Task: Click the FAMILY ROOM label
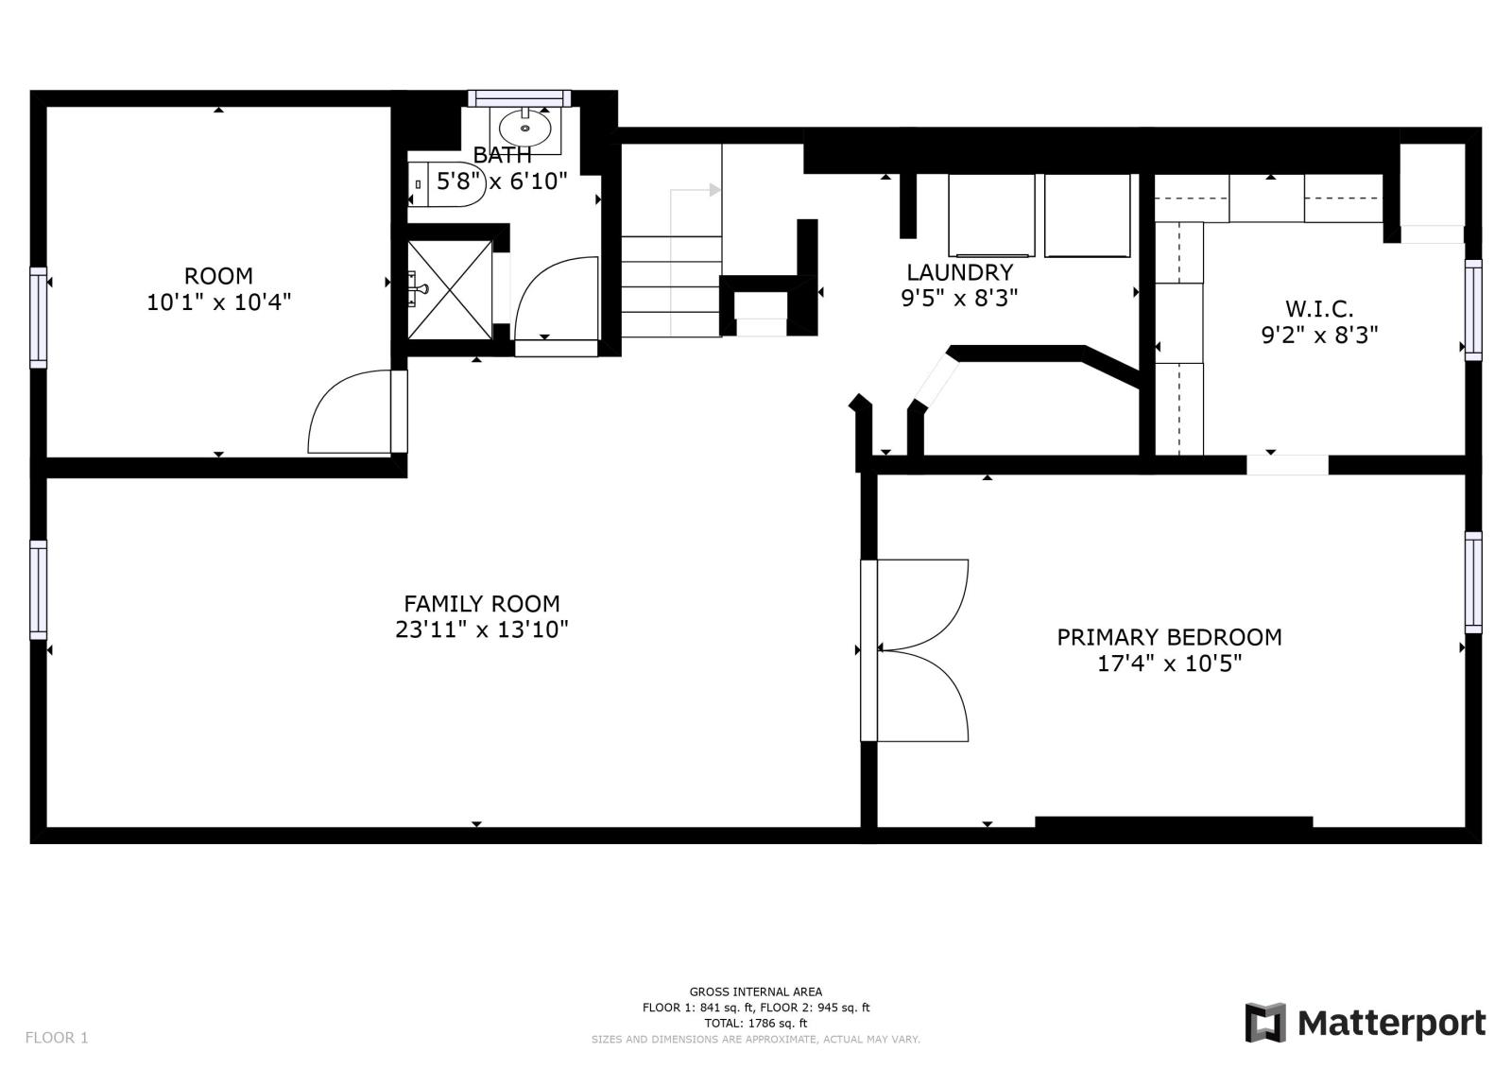pos(481,603)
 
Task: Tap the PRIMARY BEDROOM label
pos(1169,637)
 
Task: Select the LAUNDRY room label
pos(959,272)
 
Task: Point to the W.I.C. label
pos(1319,309)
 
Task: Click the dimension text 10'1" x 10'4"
pos(218,302)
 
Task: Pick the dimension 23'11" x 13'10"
pos(481,629)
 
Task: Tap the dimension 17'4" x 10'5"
pos(1169,664)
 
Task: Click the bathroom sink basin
pos(525,128)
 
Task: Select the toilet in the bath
pos(447,183)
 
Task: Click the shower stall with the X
pos(450,290)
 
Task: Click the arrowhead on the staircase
pos(714,190)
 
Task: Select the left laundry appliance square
pos(991,216)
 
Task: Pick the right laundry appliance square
pos(1087,216)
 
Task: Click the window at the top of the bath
pos(519,98)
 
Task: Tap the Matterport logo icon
pos(1265,1023)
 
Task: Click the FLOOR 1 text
pos(57,1037)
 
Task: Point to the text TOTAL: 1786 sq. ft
pos(755,1023)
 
